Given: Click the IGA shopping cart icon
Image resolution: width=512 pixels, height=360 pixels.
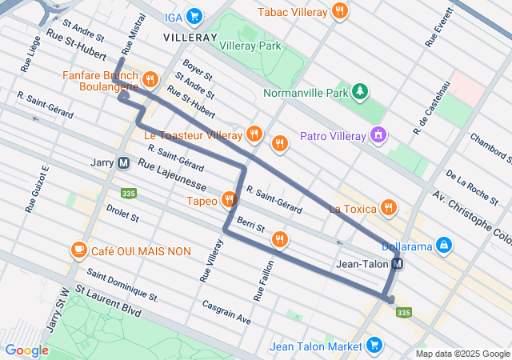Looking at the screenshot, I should (194, 15).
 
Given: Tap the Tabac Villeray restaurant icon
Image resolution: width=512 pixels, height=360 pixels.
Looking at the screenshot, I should (341, 12).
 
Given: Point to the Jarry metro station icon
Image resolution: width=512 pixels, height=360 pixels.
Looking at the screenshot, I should (123, 162).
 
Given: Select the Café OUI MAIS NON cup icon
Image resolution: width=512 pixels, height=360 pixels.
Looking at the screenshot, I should (78, 250).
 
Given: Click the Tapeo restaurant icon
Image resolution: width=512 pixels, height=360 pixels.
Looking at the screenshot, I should (230, 200).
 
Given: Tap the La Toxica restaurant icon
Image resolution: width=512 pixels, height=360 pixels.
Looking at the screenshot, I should (389, 208).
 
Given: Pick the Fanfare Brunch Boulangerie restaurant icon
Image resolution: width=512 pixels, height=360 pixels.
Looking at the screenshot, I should (150, 78).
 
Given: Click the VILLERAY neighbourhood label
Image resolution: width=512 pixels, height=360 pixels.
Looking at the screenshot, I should (190, 38).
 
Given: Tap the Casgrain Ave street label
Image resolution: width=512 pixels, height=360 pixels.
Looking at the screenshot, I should (226, 312).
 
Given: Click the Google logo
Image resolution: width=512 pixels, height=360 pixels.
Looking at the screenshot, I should (26, 350).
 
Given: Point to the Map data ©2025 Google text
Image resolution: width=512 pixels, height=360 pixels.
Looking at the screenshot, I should (462, 354).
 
